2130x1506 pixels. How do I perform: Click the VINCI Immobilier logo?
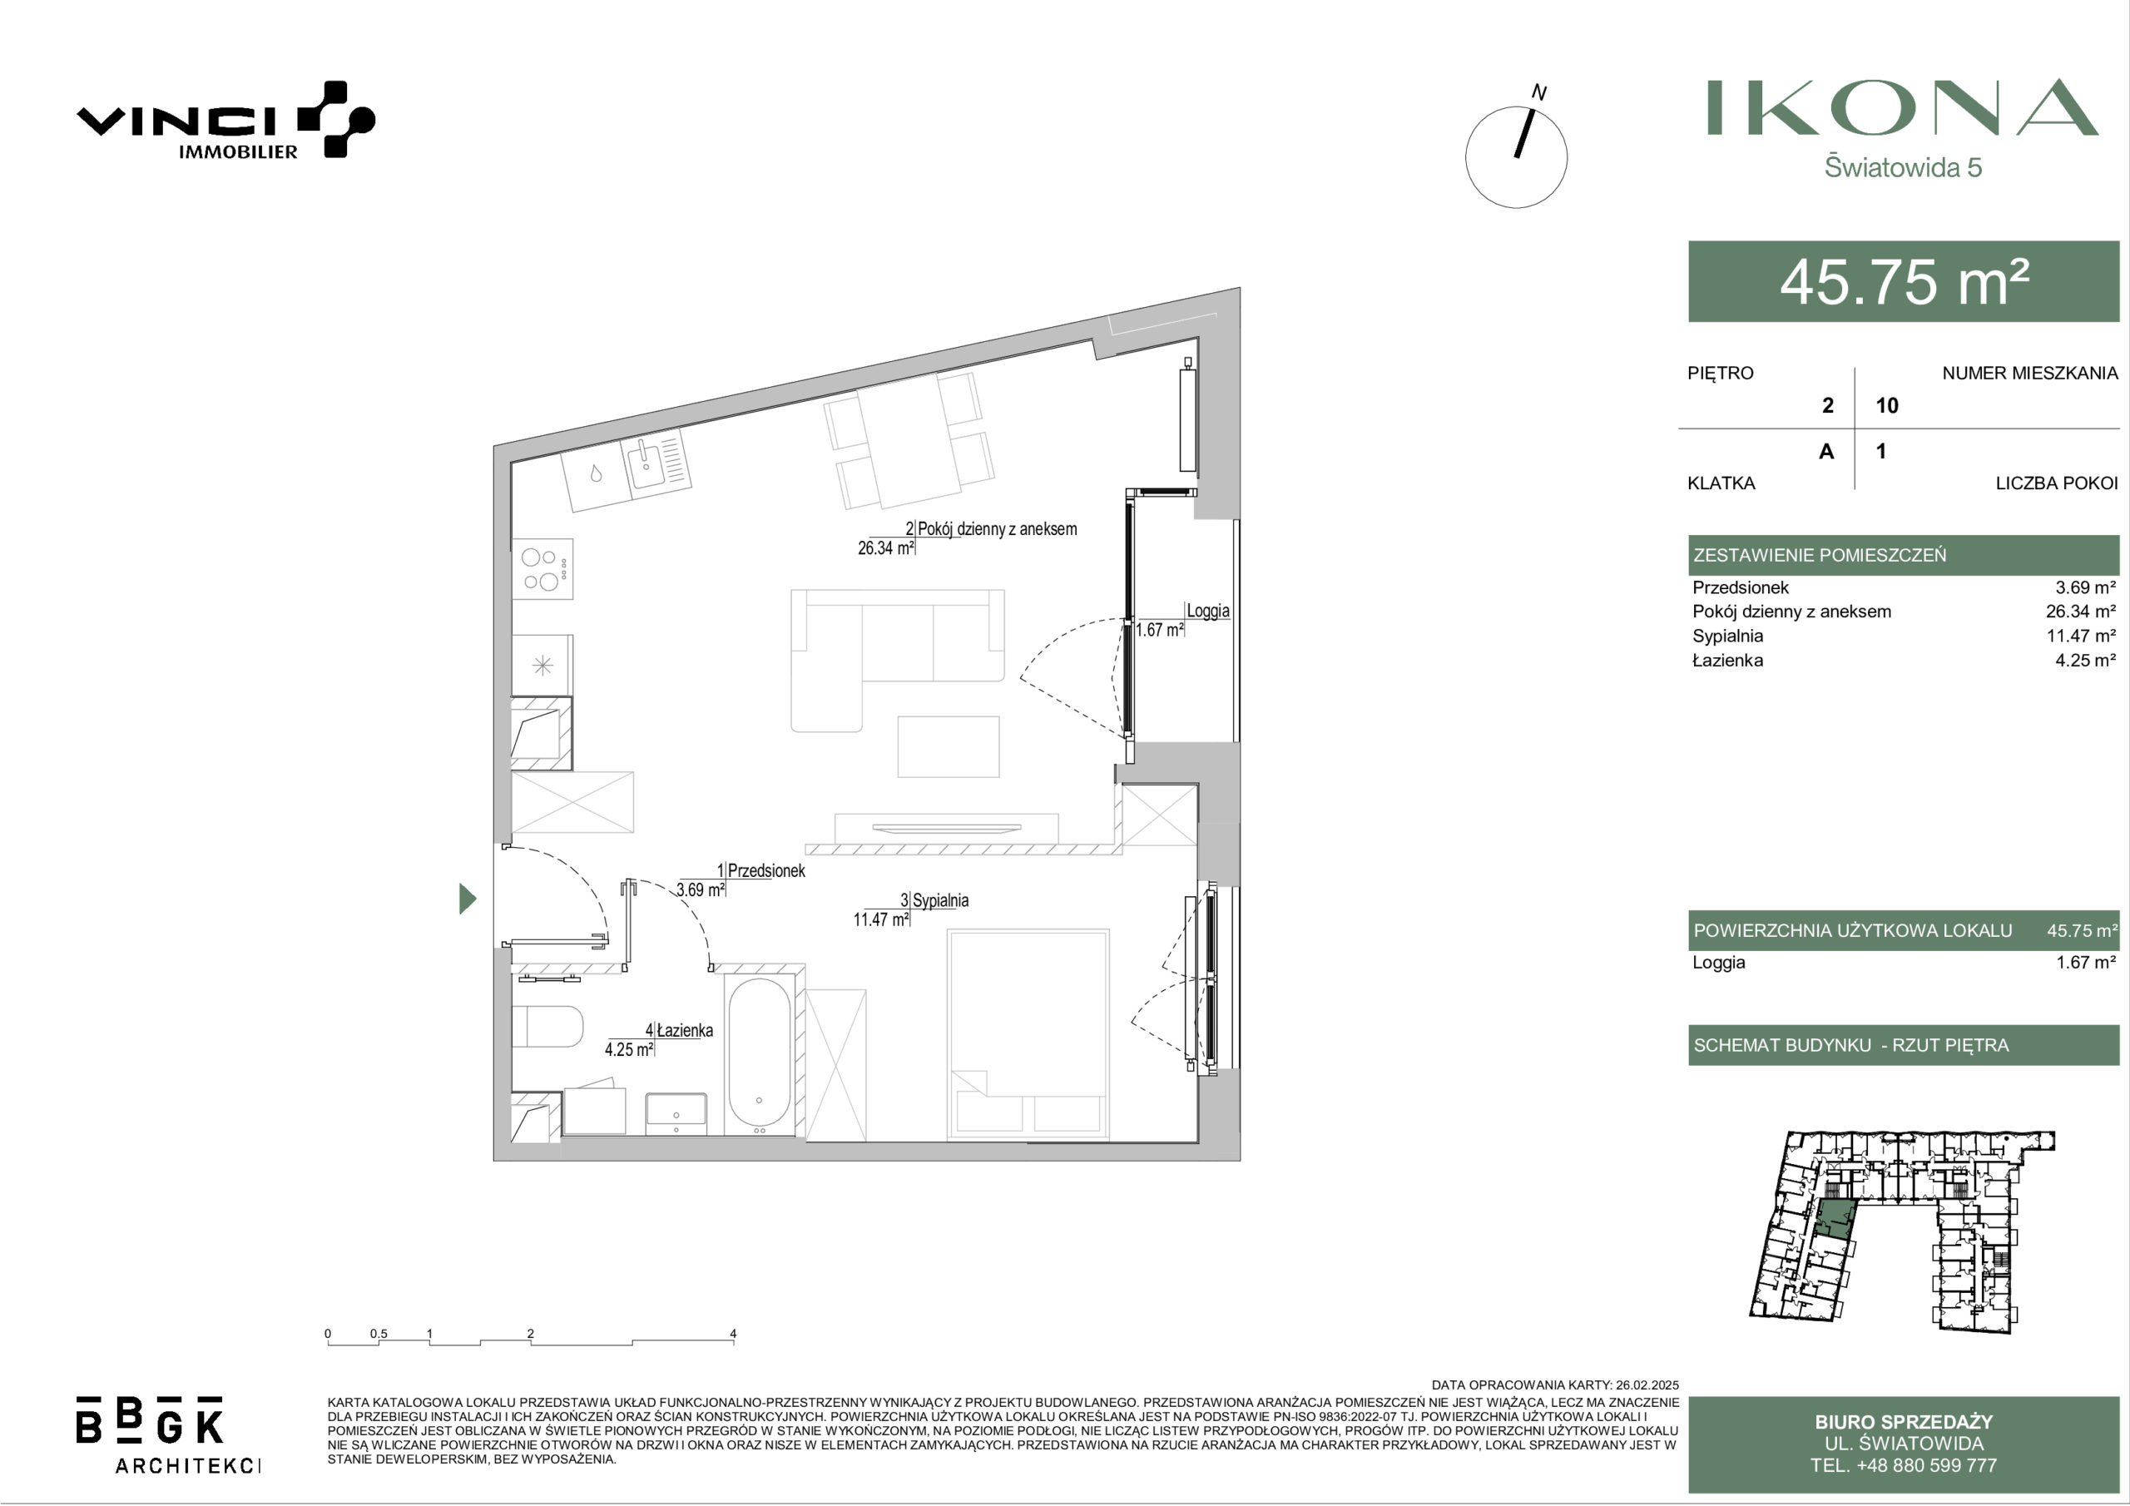point(225,121)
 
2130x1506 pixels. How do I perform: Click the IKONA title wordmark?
point(1903,107)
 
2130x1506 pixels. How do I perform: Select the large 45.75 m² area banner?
point(1904,282)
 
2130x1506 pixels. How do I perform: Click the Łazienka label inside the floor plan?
point(685,1030)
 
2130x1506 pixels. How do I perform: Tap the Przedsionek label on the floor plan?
point(766,870)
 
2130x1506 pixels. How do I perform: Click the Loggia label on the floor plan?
point(1208,611)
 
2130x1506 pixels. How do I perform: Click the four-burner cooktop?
point(542,569)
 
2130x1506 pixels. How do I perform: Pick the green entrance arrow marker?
point(468,899)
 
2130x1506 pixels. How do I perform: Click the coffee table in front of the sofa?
point(949,747)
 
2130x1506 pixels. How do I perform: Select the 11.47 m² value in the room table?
point(2082,636)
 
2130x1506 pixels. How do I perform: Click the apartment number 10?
point(1887,405)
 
